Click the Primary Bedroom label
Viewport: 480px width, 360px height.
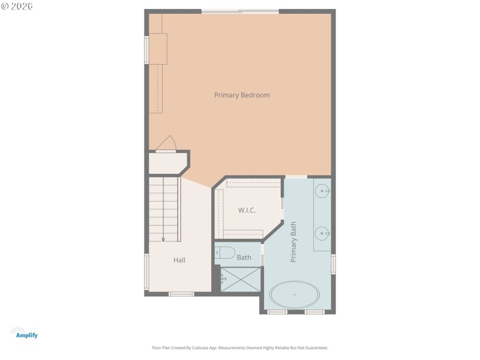(242, 95)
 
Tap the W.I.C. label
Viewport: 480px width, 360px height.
(247, 210)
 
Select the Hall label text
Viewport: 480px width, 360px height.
(179, 260)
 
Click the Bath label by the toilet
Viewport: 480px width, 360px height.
(244, 257)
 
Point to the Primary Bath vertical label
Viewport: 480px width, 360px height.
(294, 242)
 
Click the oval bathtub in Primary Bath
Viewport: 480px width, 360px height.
(294, 295)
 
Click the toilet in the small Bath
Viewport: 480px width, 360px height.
(225, 253)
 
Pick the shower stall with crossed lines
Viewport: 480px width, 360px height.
(241, 279)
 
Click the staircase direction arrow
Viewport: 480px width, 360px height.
(163, 238)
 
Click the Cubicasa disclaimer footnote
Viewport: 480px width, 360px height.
(240, 347)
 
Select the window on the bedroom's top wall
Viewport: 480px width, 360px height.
(240, 11)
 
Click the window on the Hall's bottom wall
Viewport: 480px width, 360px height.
(181, 294)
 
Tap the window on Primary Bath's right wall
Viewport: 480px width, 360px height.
(334, 264)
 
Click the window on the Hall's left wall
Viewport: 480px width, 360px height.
(146, 272)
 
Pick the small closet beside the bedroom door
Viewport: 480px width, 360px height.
(167, 163)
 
